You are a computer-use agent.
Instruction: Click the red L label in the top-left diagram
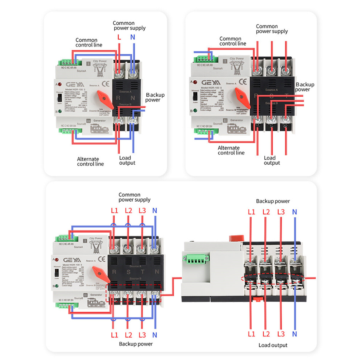click(x=119, y=37)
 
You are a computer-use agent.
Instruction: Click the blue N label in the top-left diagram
click(x=133, y=37)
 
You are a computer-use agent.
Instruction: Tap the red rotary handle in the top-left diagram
click(x=105, y=99)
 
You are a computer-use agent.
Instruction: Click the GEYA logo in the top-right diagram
click(x=211, y=82)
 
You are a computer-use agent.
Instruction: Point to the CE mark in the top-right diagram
click(x=243, y=82)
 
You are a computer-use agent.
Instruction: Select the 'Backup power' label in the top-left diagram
click(x=155, y=97)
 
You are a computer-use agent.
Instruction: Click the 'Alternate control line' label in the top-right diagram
click(x=231, y=150)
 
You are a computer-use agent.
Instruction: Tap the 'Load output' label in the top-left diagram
click(x=127, y=160)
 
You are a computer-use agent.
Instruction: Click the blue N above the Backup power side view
click(x=295, y=212)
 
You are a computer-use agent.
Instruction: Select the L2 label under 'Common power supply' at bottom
click(x=128, y=211)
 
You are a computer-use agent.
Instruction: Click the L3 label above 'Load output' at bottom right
click(x=281, y=334)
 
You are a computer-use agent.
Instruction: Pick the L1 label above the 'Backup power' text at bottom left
click(x=115, y=335)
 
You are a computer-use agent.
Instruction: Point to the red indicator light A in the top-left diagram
click(x=60, y=84)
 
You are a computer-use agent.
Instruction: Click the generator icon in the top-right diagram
click(x=236, y=129)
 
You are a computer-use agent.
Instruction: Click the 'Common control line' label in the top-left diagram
click(x=88, y=42)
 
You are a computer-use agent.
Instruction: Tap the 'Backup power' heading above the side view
click(x=273, y=201)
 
